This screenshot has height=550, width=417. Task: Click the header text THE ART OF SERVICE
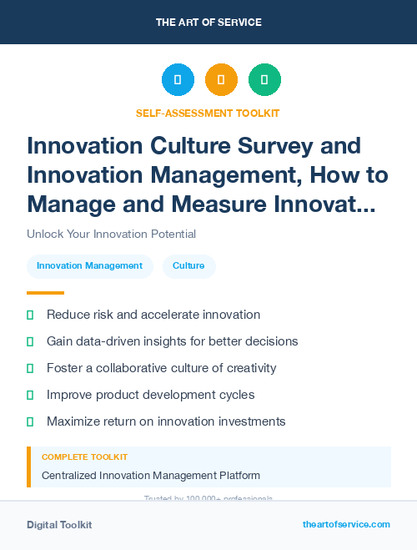click(x=208, y=22)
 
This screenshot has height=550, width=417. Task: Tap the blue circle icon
click(x=178, y=80)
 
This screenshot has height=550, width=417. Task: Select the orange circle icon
click(x=221, y=80)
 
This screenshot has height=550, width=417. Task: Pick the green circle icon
click(x=264, y=80)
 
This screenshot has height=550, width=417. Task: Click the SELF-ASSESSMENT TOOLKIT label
click(x=208, y=113)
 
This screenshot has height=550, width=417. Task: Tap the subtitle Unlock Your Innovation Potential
click(x=111, y=234)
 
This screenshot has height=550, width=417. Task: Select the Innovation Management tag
click(x=89, y=265)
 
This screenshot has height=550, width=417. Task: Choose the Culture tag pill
click(x=188, y=265)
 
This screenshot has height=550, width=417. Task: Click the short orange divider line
click(x=45, y=293)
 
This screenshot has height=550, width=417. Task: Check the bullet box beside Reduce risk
click(x=30, y=315)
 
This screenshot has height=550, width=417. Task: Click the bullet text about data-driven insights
click(x=172, y=341)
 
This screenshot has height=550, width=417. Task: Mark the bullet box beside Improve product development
click(x=30, y=395)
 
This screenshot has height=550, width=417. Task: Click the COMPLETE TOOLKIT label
click(x=84, y=457)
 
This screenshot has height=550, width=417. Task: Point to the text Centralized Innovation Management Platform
click(x=150, y=475)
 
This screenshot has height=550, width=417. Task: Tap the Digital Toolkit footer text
click(x=59, y=524)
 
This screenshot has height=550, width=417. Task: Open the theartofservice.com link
click(x=346, y=524)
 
